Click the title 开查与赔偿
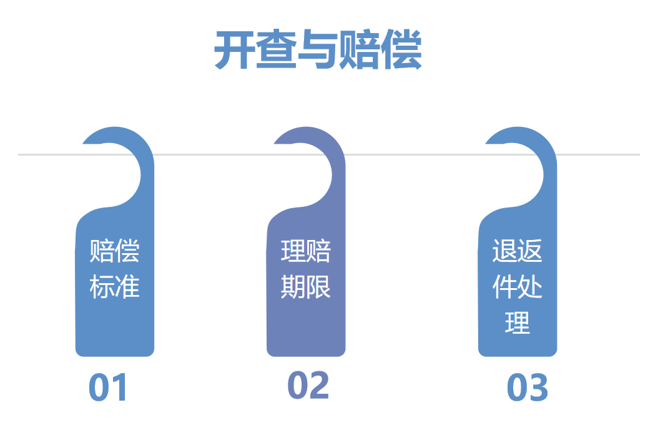pyautogui.click(x=318, y=50)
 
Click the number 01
pyautogui.click(x=108, y=388)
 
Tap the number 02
pyautogui.click(x=308, y=386)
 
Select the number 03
pyautogui.click(x=528, y=388)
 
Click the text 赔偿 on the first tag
pyautogui.click(x=115, y=251)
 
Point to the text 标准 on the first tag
pyautogui.click(x=115, y=287)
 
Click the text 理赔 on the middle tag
pyautogui.click(x=306, y=251)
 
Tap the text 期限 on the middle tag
pyautogui.click(x=306, y=287)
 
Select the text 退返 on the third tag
pyautogui.click(x=518, y=251)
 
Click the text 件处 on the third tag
pyautogui.click(x=518, y=287)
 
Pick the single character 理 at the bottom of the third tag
pyautogui.click(x=518, y=323)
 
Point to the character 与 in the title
pyautogui.click(x=318, y=50)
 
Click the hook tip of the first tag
pyautogui.click(x=87, y=142)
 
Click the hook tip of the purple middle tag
pyautogui.click(x=278, y=142)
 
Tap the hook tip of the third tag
pyautogui.click(x=490, y=142)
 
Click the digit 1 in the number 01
pyautogui.click(x=119, y=388)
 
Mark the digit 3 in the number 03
pyautogui.click(x=539, y=388)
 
